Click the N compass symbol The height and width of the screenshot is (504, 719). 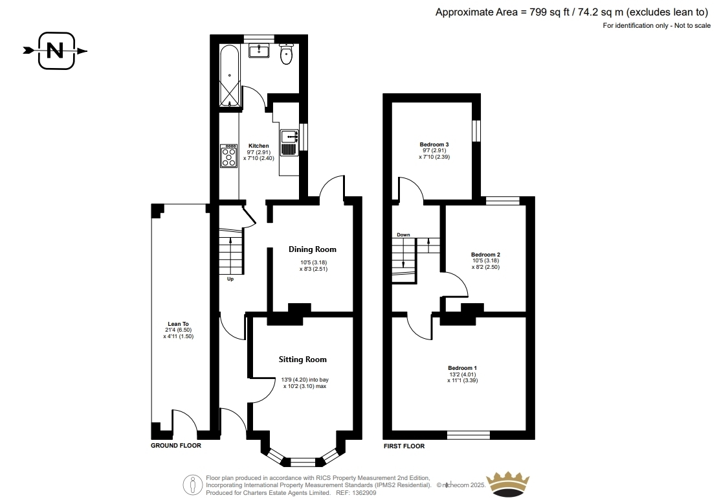pyautogui.click(x=56, y=51)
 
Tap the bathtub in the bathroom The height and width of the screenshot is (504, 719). pyautogui.click(x=229, y=76)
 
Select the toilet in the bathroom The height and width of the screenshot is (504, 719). pyautogui.click(x=287, y=54)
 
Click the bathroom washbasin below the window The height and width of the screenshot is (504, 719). pyautogui.click(x=260, y=51)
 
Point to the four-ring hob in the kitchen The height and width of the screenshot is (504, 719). pyautogui.click(x=229, y=155)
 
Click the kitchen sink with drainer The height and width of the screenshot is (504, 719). pyautogui.click(x=289, y=143)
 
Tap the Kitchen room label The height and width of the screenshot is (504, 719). pyautogui.click(x=259, y=146)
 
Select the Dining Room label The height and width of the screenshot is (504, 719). pyautogui.click(x=313, y=249)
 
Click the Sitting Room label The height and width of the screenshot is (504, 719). pyautogui.click(x=303, y=360)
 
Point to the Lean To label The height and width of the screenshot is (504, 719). pyautogui.click(x=178, y=324)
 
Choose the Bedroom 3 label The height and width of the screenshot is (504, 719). pyautogui.click(x=434, y=144)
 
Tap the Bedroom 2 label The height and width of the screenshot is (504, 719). pyautogui.click(x=485, y=255)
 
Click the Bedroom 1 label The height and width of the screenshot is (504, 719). pyautogui.click(x=462, y=368)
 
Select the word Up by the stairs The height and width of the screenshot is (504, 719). pyautogui.click(x=230, y=279)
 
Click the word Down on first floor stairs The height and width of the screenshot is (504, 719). pyautogui.click(x=404, y=235)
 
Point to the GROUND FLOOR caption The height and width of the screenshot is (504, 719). pyautogui.click(x=176, y=445)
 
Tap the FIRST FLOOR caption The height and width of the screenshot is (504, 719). pyautogui.click(x=404, y=446)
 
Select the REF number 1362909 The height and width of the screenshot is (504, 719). pyautogui.click(x=364, y=493)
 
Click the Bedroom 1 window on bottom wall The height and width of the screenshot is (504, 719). pyautogui.click(x=469, y=435)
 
